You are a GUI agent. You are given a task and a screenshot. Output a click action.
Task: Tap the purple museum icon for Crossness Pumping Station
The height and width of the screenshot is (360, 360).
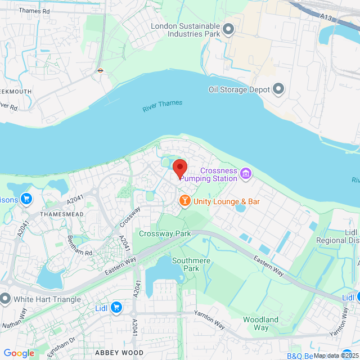click(245, 174)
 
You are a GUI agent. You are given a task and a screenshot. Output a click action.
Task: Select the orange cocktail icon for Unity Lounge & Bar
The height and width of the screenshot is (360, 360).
click(184, 200)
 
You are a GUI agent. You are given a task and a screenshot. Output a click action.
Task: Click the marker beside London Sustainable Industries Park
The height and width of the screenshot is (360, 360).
click(228, 29)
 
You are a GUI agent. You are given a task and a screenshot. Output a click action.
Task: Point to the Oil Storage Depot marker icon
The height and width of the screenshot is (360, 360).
click(278, 89)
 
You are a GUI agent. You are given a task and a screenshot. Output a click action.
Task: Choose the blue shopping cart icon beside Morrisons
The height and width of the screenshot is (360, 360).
click(26, 199)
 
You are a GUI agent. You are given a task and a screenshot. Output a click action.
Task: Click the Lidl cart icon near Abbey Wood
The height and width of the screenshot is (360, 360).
click(116, 307)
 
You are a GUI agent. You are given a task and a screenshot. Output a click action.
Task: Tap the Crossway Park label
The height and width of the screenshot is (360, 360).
click(165, 233)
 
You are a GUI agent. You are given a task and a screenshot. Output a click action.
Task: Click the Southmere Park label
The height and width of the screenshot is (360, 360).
click(186, 264)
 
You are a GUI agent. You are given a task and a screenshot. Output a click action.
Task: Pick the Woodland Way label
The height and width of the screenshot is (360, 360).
click(260, 323)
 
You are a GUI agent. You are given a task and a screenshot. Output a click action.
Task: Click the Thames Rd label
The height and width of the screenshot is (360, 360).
click(34, 11)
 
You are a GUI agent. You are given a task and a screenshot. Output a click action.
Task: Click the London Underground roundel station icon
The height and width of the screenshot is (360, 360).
click(100, 71)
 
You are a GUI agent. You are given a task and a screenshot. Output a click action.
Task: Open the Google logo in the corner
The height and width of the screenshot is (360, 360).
click(19, 353)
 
